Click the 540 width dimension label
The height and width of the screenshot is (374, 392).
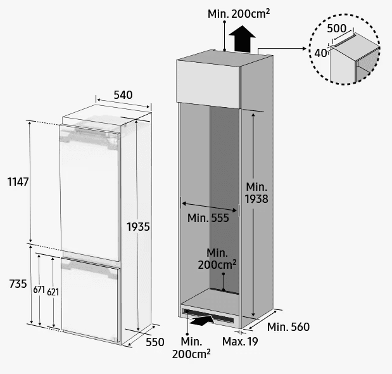pos(123,95)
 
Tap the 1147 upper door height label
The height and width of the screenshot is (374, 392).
pos(18,182)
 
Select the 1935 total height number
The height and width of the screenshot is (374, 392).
pos(138,227)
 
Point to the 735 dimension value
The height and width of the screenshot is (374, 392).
pos(18,284)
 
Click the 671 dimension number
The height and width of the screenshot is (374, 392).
pos(39,290)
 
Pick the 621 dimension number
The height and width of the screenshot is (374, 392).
pos(53,292)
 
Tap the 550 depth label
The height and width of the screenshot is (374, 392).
pos(155,342)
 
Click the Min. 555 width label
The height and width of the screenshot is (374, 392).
pos(208,218)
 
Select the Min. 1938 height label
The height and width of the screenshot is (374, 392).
pos(256,193)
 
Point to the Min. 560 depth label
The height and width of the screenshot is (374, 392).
pos(289,327)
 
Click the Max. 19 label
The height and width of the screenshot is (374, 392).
pos(240,342)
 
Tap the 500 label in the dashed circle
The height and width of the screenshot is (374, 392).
pos(337,29)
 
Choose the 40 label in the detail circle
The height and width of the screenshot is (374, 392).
pos(320,53)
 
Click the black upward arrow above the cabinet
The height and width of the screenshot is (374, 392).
pos(242,39)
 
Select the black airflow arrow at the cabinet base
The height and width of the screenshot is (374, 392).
pos(202,320)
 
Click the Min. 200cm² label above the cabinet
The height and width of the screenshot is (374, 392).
pos(239,14)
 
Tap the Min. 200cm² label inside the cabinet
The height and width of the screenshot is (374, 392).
pos(217,259)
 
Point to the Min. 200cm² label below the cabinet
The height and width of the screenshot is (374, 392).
pos(191,348)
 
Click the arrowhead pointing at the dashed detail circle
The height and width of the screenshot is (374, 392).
pos(304,48)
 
